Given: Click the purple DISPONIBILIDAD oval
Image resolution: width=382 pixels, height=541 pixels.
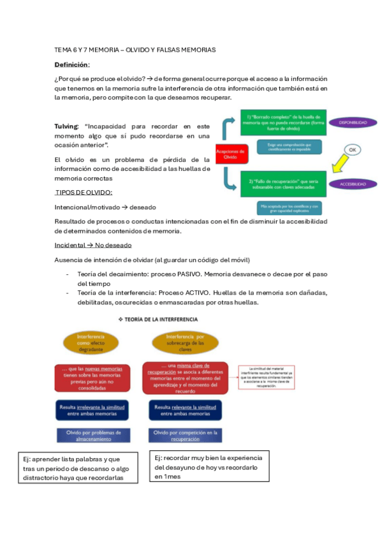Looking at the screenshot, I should coord(353,122).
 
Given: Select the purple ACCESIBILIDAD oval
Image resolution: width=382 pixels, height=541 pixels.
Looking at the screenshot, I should coord(353,184).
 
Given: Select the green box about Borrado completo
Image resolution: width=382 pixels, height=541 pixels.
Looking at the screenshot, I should coord(284,122).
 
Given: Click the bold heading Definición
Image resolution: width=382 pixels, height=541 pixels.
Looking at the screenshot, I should coord(72,65).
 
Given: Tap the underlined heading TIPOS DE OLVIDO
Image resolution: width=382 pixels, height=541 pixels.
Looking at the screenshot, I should coord(84,192).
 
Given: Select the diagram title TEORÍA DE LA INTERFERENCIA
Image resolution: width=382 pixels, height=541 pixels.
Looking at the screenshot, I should coord(156,319).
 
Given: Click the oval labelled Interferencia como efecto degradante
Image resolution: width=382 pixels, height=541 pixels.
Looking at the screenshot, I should coord(91,343).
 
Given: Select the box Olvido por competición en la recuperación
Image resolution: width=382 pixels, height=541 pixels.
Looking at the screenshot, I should coord(186,436).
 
